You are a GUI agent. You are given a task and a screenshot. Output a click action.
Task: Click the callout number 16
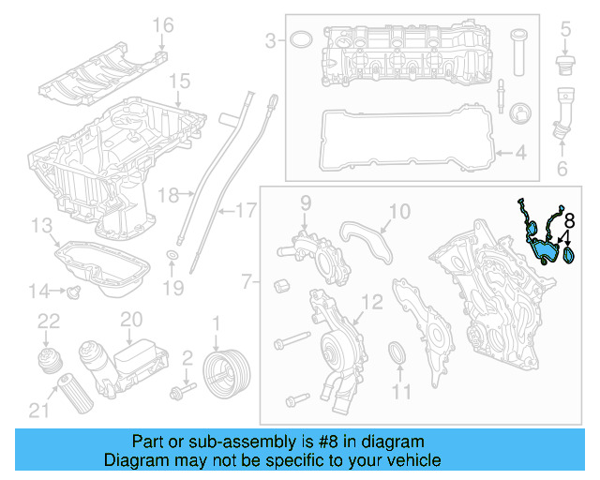click(x=163, y=24)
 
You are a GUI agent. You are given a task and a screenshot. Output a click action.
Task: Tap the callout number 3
click(x=270, y=40)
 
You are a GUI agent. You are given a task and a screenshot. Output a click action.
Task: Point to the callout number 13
click(x=41, y=226)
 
